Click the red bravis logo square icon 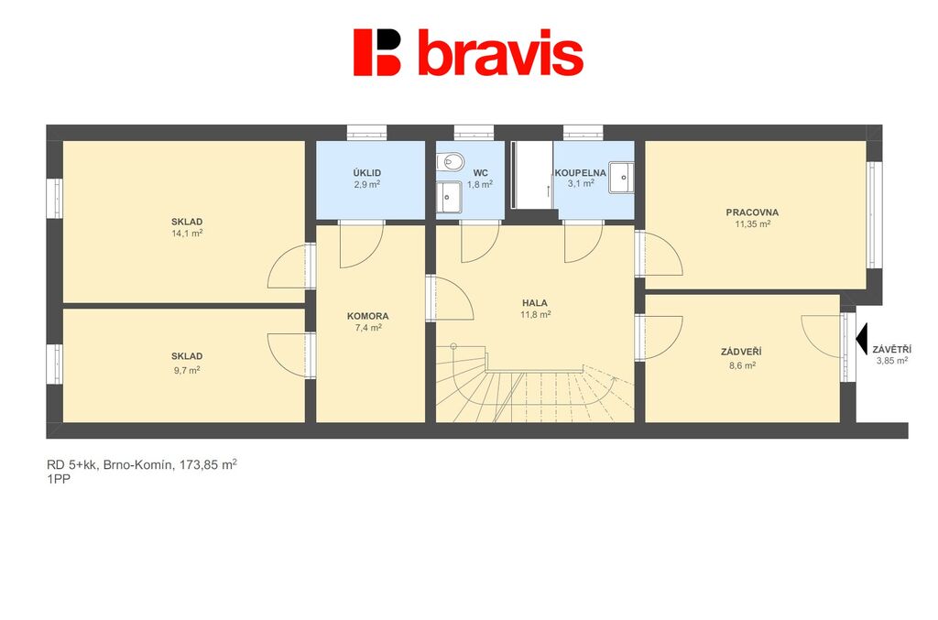coord(376,52)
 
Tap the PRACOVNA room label coord(752,212)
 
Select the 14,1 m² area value coord(187,234)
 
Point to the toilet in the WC coord(450,161)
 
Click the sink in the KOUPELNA coord(622,178)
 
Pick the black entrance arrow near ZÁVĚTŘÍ coord(861,339)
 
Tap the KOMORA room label coord(368,316)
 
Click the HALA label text coord(535,303)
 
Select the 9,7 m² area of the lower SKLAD coord(187,370)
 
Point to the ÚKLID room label coord(367,173)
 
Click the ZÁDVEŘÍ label coord(741,353)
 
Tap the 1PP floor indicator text coord(58,479)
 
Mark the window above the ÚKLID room coord(366,132)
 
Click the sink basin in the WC coord(449,197)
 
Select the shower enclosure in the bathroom coord(532,175)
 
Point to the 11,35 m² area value coord(753,224)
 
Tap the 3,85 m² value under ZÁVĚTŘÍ coord(892,361)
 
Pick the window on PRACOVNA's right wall coord(873,215)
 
